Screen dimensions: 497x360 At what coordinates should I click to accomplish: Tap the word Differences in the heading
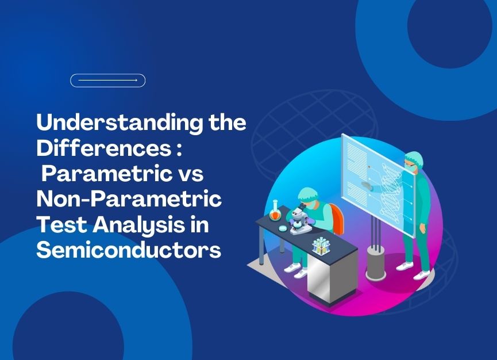click(x=104, y=148)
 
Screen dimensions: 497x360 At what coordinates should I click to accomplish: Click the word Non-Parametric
click(x=129, y=199)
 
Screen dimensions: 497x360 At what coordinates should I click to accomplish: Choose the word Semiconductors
click(x=129, y=250)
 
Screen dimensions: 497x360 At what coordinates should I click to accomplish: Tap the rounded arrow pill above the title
click(x=108, y=81)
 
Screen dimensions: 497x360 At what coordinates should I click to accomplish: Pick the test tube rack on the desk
click(x=321, y=247)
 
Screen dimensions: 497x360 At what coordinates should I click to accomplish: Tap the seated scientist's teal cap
click(x=306, y=193)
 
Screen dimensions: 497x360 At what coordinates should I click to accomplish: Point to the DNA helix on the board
click(x=391, y=194)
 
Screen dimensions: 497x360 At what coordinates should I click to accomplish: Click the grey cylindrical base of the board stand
click(x=376, y=264)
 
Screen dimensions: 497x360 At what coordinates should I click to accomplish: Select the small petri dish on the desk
click(x=283, y=228)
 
